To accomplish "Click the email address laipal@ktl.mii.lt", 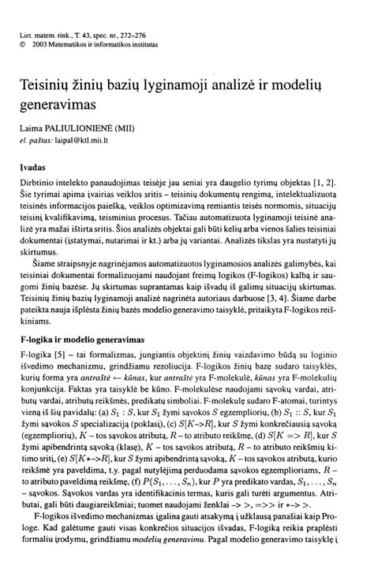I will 81,143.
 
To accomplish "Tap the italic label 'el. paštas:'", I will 36,143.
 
